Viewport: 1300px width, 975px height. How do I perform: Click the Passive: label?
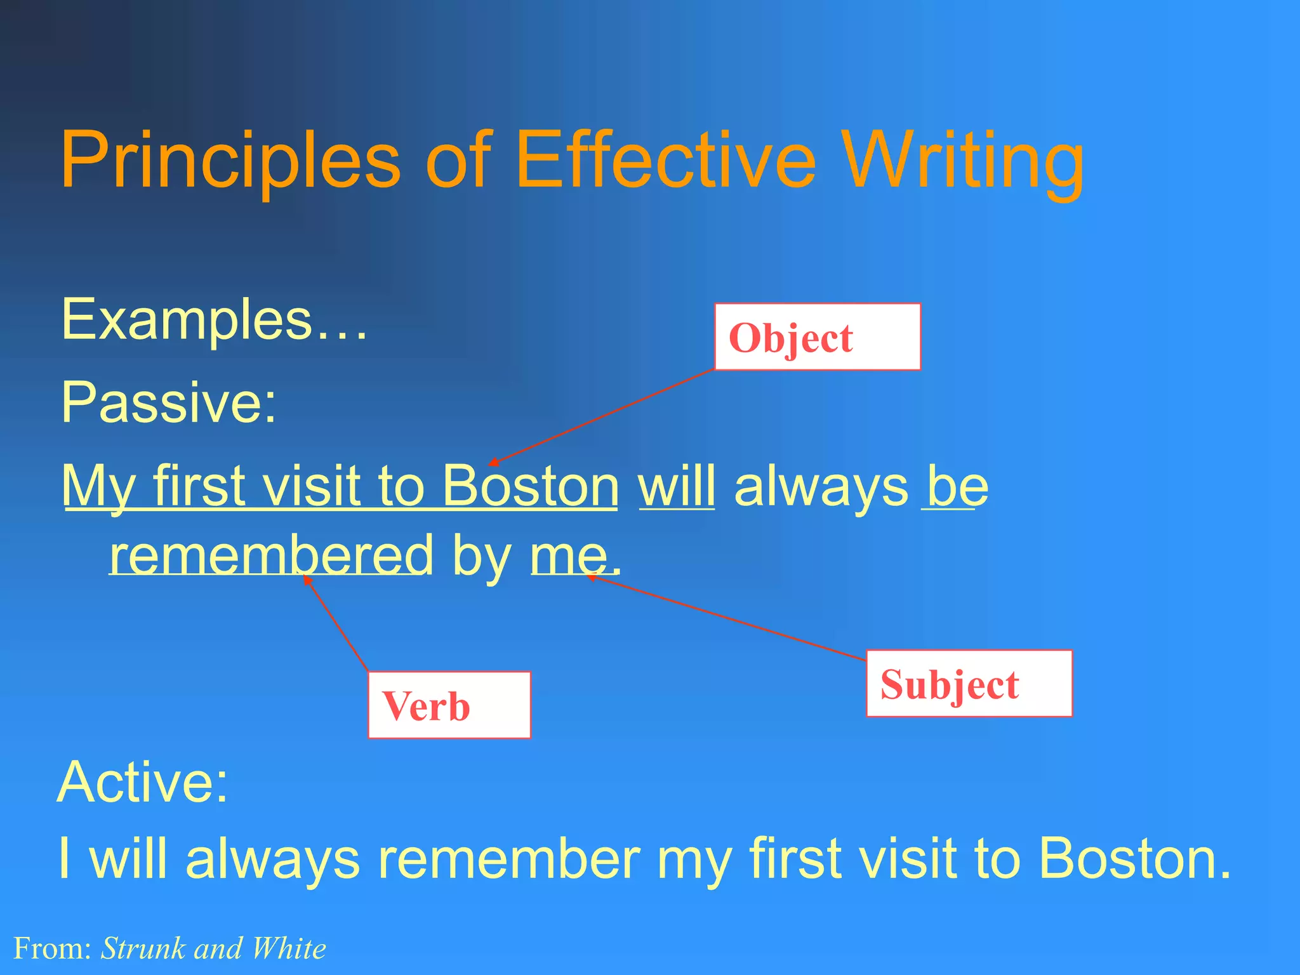(x=169, y=402)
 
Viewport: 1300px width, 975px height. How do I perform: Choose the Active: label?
(x=142, y=782)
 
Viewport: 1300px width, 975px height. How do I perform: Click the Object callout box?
(x=817, y=337)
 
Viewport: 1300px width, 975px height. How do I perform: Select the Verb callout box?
(x=449, y=705)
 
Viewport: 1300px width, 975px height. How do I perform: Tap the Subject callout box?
(x=969, y=684)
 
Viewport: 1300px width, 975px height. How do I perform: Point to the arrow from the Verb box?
(x=336, y=623)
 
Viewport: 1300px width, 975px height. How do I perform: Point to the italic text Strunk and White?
(x=213, y=948)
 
